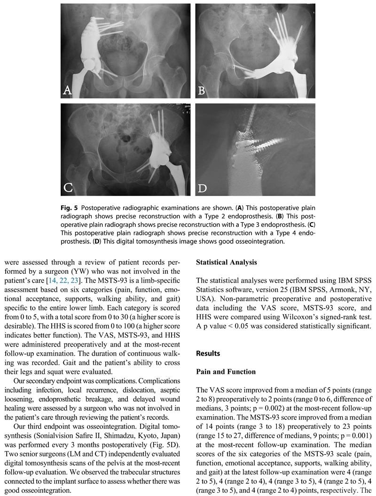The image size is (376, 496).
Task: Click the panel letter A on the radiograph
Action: tap(67, 90)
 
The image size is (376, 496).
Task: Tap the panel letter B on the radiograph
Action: tap(202, 90)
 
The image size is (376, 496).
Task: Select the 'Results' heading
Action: tap(207, 353)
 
